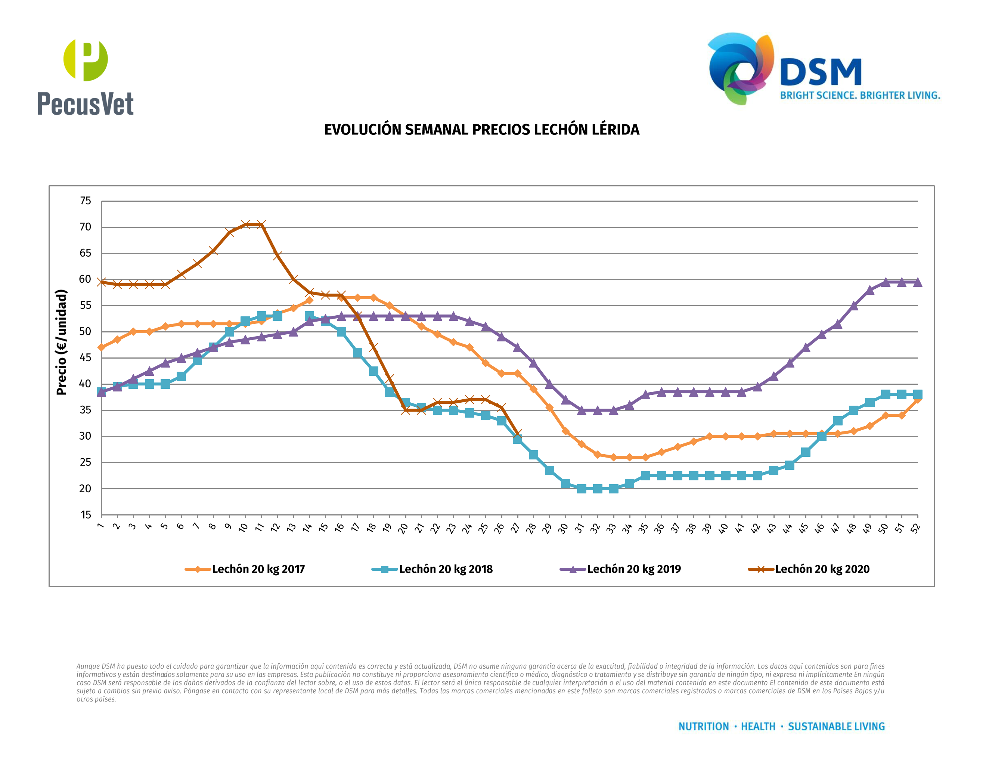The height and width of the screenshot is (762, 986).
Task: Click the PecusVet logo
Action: click(85, 77)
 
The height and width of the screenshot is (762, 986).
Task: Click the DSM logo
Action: click(784, 68)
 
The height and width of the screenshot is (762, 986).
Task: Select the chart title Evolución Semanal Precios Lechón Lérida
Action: click(482, 130)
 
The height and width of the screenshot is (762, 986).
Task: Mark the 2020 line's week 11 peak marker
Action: click(261, 224)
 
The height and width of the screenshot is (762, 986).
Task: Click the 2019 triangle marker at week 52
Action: click(918, 282)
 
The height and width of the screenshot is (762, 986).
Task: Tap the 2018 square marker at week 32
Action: click(598, 489)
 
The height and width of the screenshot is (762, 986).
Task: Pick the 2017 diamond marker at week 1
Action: click(101, 348)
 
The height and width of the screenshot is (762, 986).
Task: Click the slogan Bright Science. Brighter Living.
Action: click(860, 96)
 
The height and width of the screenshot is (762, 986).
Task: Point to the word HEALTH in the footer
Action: click(758, 727)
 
